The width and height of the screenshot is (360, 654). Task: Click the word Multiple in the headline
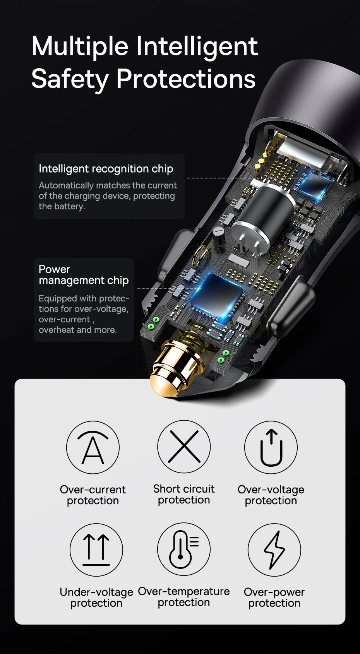[x=80, y=46]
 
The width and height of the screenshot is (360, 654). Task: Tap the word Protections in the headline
[x=186, y=79]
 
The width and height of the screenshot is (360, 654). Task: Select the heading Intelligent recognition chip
[x=106, y=169]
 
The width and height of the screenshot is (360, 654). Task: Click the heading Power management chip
[x=83, y=275]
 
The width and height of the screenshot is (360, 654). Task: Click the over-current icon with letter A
[x=93, y=447]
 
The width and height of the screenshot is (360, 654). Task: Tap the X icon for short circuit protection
[x=184, y=447]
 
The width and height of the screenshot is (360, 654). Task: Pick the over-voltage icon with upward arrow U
[x=271, y=447]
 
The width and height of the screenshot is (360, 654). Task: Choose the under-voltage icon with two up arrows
[x=96, y=550]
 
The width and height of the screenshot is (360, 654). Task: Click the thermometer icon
[x=184, y=549]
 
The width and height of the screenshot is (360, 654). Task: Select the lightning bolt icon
[x=274, y=550]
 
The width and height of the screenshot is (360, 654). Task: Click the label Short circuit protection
[x=184, y=494]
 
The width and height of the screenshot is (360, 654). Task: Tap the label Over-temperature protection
[x=184, y=597]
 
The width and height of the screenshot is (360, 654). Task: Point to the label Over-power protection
[x=274, y=598]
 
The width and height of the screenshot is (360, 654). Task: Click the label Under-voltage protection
[x=96, y=598]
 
